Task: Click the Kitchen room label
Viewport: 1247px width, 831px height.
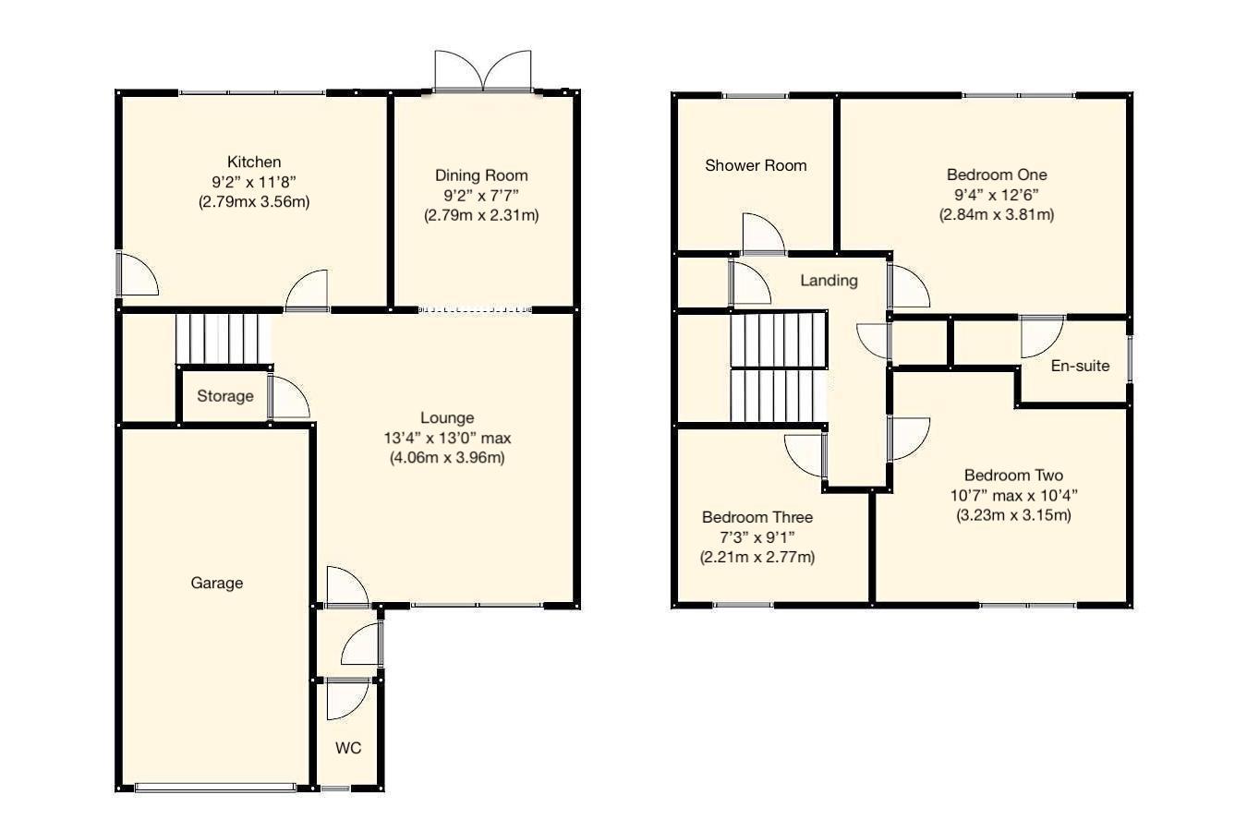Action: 253,162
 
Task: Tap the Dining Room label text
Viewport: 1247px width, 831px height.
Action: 481,175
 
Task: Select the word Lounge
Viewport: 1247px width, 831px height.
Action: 447,418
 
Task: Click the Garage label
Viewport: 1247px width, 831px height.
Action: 217,583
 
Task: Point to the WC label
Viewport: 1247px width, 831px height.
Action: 348,748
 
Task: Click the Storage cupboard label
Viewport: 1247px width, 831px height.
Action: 224,396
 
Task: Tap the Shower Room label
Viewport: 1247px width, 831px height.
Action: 756,165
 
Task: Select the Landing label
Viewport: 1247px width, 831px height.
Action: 829,281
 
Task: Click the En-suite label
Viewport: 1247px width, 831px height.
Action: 1080,366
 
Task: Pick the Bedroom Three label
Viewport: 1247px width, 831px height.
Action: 757,517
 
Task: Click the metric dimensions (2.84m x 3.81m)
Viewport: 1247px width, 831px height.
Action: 997,214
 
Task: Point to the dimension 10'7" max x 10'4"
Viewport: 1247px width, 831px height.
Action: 1013,495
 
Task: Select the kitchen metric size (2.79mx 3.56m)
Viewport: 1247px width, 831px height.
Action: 253,201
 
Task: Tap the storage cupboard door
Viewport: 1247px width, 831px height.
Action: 288,398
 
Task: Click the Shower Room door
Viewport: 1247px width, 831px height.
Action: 763,234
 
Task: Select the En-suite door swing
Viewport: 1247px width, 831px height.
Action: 1041,336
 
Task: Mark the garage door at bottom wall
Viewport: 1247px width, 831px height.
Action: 215,788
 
